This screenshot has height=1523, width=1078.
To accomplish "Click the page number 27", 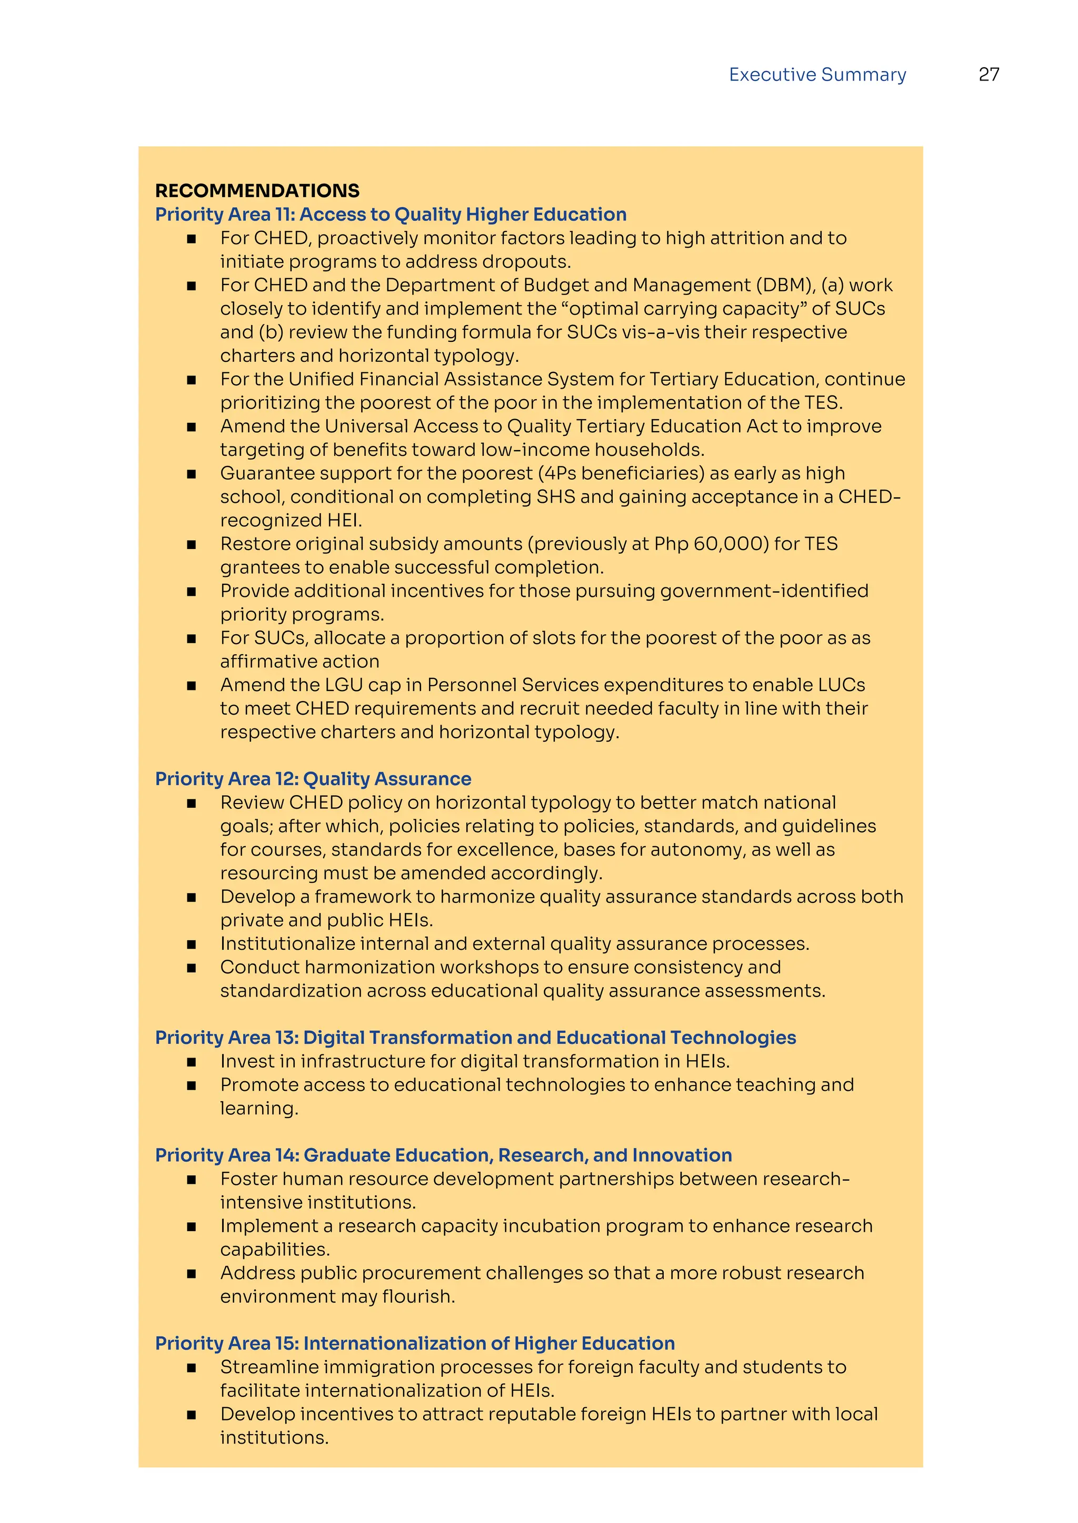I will click(989, 74).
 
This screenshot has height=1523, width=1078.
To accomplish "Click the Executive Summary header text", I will click(817, 74).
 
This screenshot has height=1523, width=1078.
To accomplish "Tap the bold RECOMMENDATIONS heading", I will click(257, 190).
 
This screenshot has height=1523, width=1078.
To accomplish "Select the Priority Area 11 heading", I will click(391, 214).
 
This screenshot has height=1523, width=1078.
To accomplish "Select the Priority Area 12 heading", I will click(313, 778).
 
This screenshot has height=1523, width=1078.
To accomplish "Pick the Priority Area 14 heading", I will click(443, 1155).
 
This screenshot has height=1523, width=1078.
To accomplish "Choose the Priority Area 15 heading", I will click(415, 1343).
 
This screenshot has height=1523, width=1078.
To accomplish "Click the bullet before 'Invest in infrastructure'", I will click(191, 1062).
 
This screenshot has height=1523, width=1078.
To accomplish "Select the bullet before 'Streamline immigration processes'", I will click(191, 1368).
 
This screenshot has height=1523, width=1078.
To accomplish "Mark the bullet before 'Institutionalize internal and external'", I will click(191, 945).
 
